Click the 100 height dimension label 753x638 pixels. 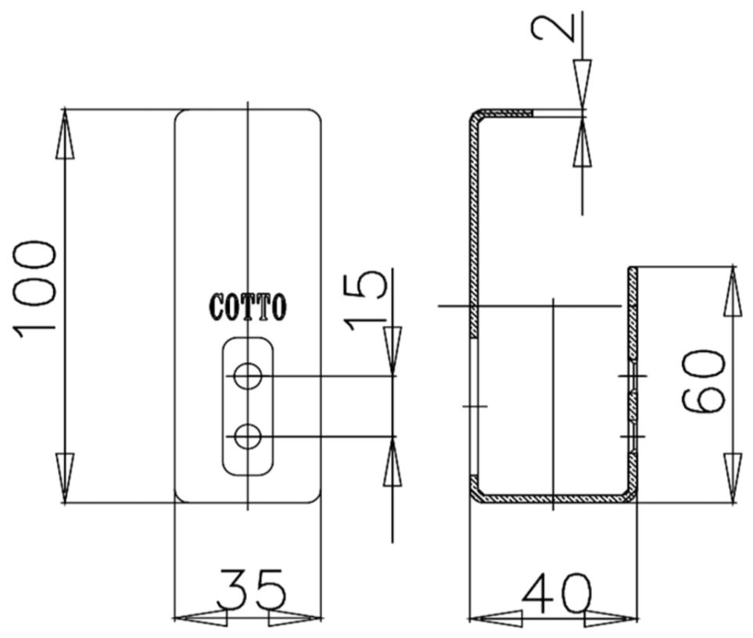pos(35,288)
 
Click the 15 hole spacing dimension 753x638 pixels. pos(368,299)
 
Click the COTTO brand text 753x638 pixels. pos(248,307)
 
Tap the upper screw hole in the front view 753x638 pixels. pos(248,376)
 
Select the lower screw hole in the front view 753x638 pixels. pos(248,436)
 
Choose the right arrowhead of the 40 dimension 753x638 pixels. pos(611,618)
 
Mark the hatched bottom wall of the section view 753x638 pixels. pos(551,497)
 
